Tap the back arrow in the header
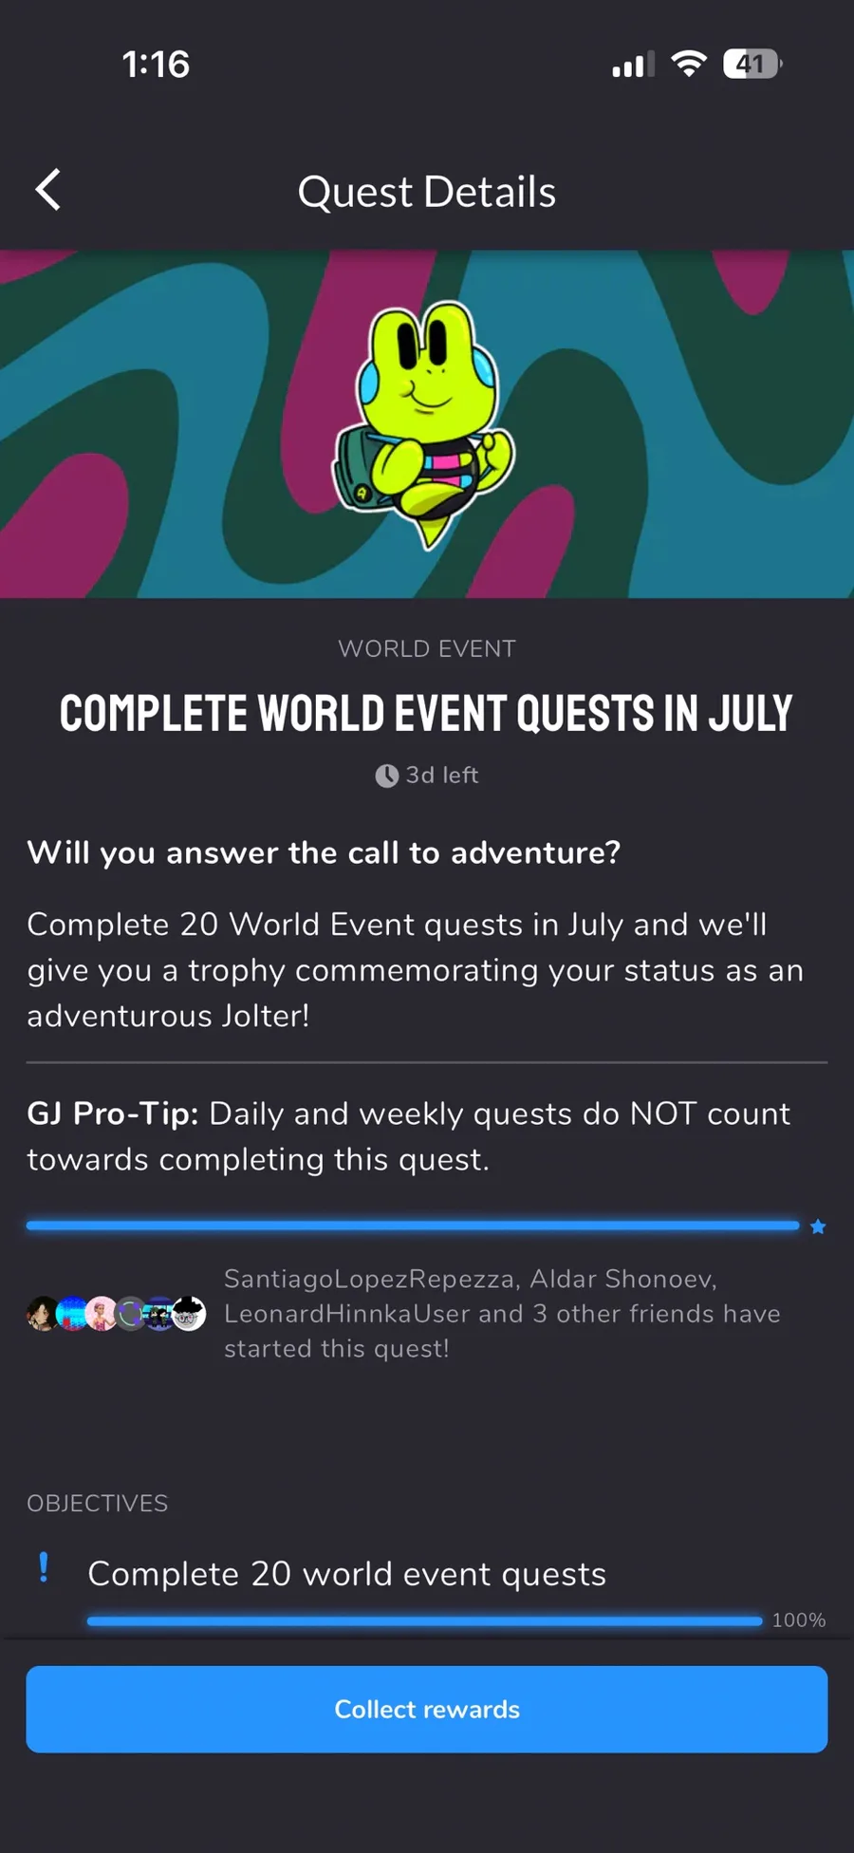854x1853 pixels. [x=48, y=190]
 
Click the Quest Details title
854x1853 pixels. [x=427, y=192]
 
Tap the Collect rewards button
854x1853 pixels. [x=427, y=1709]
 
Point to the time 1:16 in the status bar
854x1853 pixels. [x=156, y=65]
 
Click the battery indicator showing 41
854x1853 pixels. [x=752, y=64]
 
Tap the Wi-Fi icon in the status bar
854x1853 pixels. [x=689, y=64]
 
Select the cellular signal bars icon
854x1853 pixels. [x=633, y=65]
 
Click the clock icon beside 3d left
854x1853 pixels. [x=386, y=776]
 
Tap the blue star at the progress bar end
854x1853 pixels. [x=818, y=1226]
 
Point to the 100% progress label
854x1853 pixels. [x=799, y=1620]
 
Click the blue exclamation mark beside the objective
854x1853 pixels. [x=44, y=1567]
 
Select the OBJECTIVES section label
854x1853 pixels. [x=98, y=1504]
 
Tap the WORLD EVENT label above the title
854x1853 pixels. [x=427, y=648]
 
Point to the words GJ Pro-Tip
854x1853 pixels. [x=113, y=1114]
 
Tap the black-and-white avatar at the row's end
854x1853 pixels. [x=189, y=1314]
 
